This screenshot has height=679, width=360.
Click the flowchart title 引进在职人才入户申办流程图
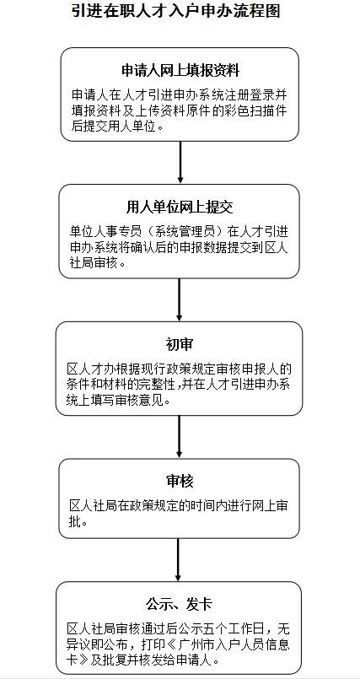176,11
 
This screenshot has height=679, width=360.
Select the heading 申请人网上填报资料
180,71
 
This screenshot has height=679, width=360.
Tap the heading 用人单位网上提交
180,207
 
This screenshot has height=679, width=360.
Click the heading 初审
179,344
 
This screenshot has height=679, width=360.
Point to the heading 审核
179,481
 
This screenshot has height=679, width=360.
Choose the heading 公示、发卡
179,604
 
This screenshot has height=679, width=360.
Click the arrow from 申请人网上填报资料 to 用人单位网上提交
180,161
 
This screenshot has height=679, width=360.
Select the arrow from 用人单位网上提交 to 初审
179,299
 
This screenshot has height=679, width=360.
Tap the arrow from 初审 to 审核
179,436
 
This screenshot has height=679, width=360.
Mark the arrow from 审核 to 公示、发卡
178,559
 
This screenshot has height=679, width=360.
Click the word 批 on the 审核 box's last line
75,522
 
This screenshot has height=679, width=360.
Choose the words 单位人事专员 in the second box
105,232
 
